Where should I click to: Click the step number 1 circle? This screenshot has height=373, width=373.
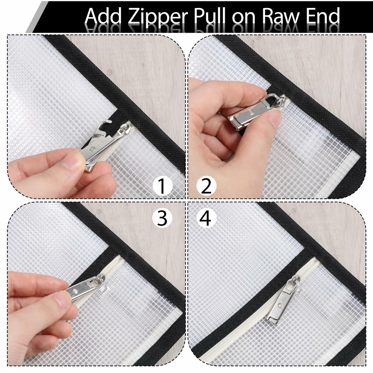162,186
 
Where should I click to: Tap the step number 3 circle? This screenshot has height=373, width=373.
162,218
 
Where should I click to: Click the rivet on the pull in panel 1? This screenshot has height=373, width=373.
92,149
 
